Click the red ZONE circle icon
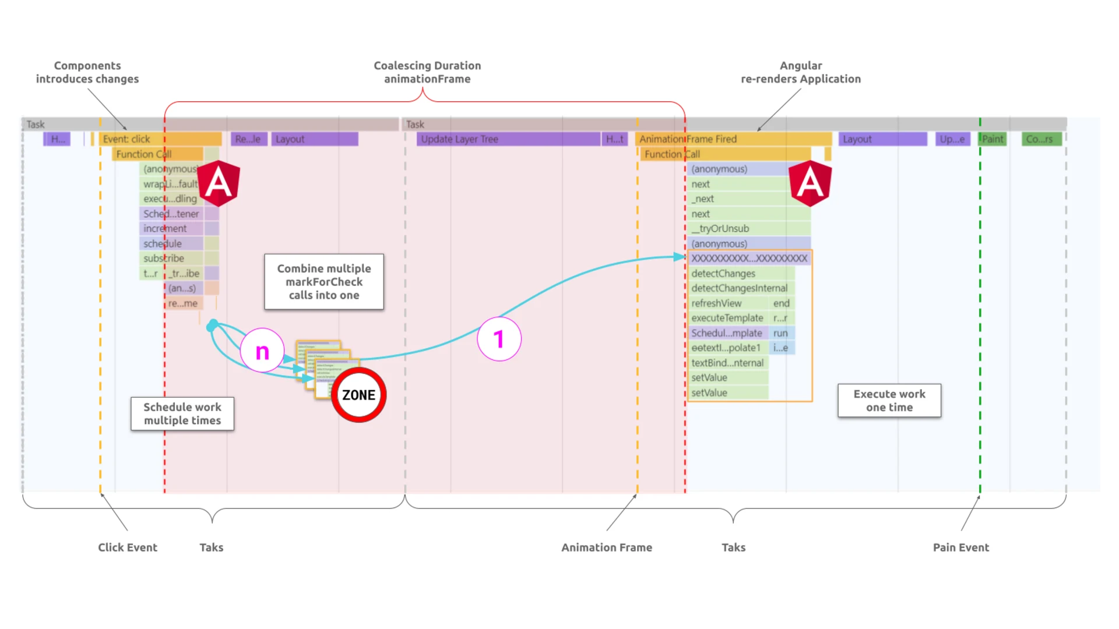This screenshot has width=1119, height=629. (x=358, y=395)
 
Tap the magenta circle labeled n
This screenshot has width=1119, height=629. (x=262, y=351)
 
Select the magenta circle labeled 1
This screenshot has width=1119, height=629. (x=499, y=339)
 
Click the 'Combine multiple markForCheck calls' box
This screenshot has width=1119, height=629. (x=324, y=282)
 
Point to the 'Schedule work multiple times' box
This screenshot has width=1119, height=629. (x=182, y=414)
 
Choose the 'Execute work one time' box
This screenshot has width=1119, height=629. (x=889, y=401)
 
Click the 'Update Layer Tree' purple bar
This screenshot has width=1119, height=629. (x=507, y=139)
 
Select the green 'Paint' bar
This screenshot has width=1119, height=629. (x=993, y=139)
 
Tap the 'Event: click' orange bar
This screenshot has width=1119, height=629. (x=160, y=139)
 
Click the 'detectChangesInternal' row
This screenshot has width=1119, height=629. (x=739, y=288)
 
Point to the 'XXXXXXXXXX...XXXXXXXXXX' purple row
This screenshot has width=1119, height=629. (x=749, y=258)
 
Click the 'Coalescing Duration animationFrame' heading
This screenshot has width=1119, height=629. (x=427, y=72)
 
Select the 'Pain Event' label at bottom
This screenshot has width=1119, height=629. (x=960, y=547)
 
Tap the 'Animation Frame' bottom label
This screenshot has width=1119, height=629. (x=607, y=547)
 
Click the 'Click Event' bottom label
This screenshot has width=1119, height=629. (x=128, y=547)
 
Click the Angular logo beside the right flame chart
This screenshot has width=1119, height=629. (x=810, y=183)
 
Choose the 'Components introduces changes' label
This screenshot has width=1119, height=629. (x=87, y=72)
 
